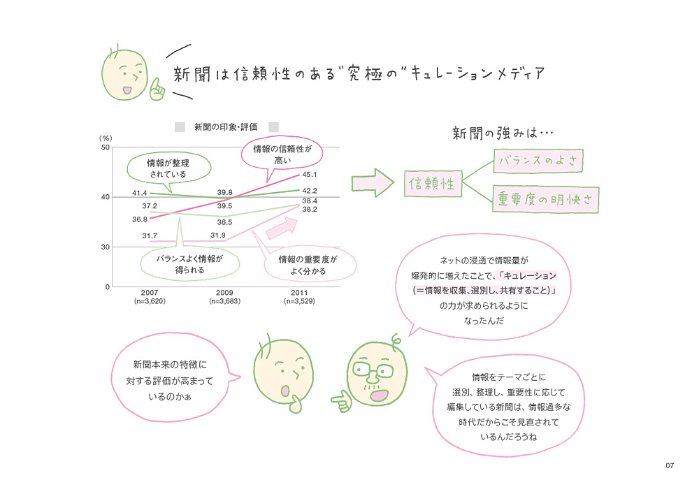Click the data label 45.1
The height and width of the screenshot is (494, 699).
[310, 175]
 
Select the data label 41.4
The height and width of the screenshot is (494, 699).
[140, 193]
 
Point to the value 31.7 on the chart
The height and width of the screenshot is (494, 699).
[150, 235]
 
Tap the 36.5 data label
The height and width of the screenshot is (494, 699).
[224, 222]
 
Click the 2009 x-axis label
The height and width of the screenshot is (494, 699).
[224, 293]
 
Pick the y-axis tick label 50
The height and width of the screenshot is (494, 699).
[106, 147]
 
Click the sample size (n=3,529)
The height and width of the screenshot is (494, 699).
[299, 301]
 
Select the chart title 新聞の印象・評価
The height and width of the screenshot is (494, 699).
[226, 127]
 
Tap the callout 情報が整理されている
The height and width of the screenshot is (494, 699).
[168, 168]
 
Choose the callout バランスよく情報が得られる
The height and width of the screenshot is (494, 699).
[189, 264]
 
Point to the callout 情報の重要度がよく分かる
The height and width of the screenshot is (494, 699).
[308, 265]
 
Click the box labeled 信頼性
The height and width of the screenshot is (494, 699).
[433, 183]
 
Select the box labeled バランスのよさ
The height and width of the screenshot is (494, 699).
[538, 161]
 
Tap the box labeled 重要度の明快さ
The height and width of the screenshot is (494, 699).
[546, 199]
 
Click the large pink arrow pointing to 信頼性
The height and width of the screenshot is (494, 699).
[373, 182]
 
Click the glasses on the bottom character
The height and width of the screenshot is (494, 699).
[373, 370]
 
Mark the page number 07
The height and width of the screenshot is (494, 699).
[670, 465]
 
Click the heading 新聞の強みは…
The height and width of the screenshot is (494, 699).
[503, 133]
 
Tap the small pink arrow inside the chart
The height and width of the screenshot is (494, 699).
[282, 228]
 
